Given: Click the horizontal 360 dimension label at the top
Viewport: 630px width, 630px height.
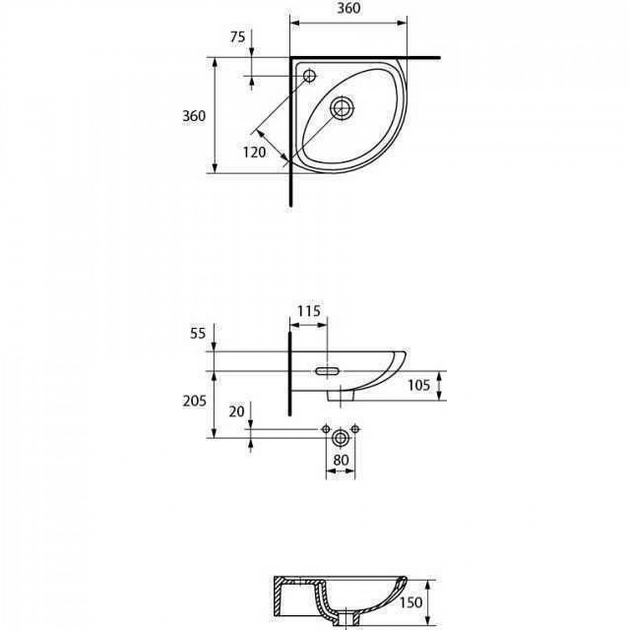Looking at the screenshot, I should click(349, 8).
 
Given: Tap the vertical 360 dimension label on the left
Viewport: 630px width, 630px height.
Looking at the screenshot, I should click(194, 116).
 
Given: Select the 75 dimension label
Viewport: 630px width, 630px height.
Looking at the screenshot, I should click(237, 37).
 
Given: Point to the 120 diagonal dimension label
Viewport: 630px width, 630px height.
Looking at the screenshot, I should click(254, 152).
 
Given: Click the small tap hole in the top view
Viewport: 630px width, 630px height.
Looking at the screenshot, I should click(310, 76).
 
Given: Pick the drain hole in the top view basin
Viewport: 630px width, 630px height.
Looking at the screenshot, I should click(342, 108).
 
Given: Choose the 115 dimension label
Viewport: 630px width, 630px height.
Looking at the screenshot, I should click(309, 311).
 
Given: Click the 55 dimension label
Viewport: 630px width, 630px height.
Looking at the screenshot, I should click(198, 333).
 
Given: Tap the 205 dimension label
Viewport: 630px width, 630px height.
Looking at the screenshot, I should click(194, 402).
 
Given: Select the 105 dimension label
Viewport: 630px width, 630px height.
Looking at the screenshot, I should click(419, 385).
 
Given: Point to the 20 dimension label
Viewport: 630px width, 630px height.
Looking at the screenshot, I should click(236, 412).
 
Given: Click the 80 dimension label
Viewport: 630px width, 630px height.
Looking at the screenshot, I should click(341, 460).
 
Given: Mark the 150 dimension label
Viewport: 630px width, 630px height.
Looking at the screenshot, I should click(410, 602).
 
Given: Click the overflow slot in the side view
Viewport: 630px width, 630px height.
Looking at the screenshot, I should click(328, 371).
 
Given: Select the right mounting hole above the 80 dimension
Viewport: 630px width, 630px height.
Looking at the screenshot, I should click(355, 429).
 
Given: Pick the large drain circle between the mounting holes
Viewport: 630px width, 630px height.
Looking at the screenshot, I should click(340, 438).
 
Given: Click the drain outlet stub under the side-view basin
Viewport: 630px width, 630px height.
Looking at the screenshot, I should click(341, 396).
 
